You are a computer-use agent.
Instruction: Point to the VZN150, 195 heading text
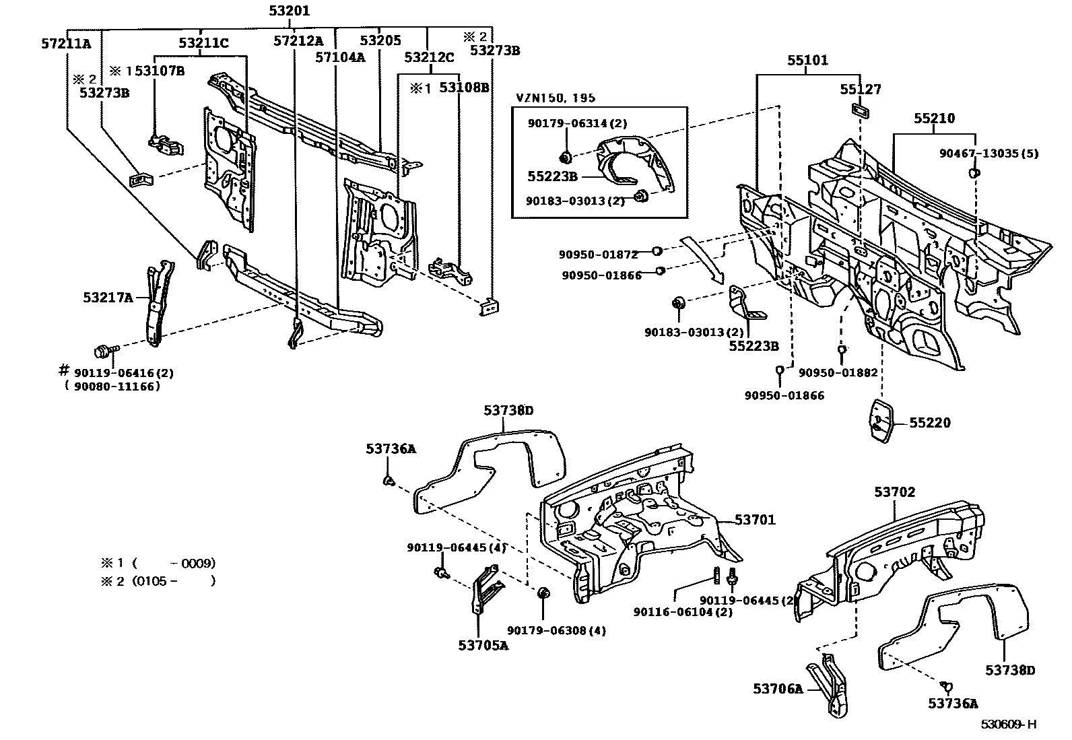[556, 98]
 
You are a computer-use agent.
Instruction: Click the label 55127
[860, 90]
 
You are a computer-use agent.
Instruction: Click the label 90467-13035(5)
[989, 154]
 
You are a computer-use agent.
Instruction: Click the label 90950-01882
[838, 372]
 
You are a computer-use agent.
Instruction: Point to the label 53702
[895, 492]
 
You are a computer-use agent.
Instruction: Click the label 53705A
[483, 645]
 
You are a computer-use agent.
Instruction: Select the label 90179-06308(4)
[556, 630]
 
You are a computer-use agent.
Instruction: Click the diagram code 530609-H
[1007, 725]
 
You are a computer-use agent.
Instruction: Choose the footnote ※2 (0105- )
[158, 580]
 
